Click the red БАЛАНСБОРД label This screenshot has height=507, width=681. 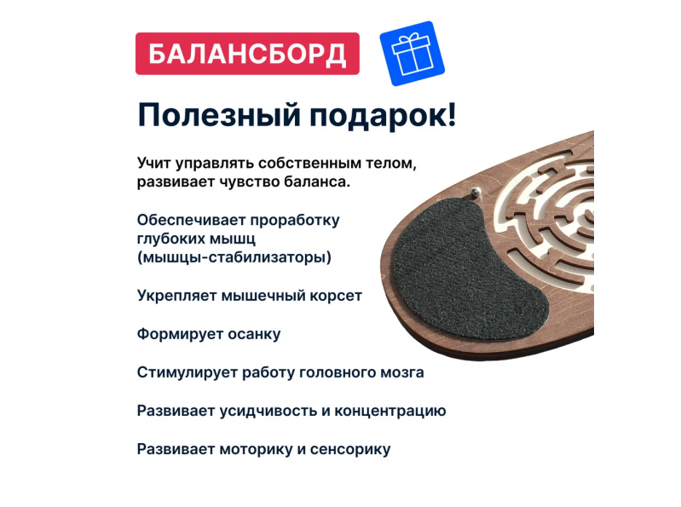247,54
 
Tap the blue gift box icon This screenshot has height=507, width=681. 413,54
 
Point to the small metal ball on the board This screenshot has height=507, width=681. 476,193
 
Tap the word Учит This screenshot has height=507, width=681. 153,164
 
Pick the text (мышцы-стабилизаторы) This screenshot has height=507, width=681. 234,257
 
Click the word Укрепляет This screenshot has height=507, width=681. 176,296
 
